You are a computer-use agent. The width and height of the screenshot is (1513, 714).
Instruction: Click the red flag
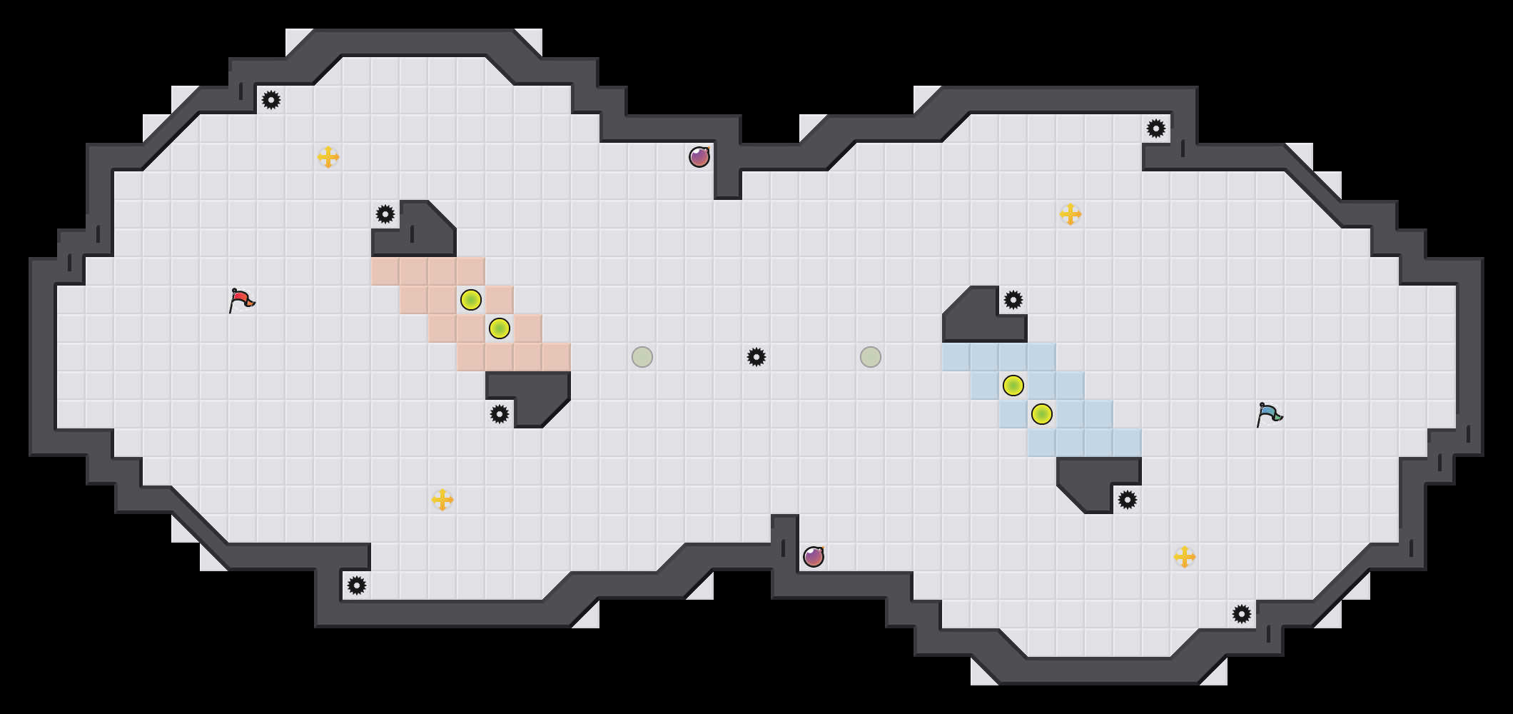[x=241, y=300]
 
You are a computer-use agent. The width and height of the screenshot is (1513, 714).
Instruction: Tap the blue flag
[x=1269, y=414]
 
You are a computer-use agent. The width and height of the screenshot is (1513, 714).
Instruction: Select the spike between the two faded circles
[x=756, y=357]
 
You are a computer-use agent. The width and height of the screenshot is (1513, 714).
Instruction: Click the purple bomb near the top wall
[x=699, y=157]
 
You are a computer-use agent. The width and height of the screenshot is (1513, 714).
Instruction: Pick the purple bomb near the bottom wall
[x=814, y=557]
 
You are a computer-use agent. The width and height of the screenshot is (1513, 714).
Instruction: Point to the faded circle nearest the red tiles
[x=642, y=357]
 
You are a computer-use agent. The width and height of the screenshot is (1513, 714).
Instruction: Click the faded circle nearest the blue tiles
[x=871, y=357]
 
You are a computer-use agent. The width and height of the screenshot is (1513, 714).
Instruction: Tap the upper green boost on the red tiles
[x=471, y=300]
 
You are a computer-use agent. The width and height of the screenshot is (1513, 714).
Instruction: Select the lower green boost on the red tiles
[x=500, y=328]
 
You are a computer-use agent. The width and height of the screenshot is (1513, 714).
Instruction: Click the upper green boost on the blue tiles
[x=1013, y=386]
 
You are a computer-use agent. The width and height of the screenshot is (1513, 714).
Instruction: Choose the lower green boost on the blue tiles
[x=1042, y=414]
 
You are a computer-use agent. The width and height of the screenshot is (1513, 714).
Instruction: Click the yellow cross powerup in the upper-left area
[x=328, y=157]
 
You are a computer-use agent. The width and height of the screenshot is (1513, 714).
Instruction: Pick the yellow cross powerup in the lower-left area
[x=442, y=500]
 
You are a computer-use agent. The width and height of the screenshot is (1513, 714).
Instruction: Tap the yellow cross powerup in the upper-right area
[x=1071, y=214]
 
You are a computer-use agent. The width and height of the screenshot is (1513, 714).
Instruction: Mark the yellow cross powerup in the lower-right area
[x=1185, y=557]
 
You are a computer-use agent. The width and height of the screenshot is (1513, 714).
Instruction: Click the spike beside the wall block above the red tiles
[x=385, y=214]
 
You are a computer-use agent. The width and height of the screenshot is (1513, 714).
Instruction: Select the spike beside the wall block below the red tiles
[x=500, y=414]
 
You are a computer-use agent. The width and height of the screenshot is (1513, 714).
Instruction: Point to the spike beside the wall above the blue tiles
[x=1013, y=300]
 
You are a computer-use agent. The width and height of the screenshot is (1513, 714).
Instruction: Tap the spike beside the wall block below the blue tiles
[x=1128, y=500]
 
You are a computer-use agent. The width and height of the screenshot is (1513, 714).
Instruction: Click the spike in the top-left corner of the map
[x=271, y=100]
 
